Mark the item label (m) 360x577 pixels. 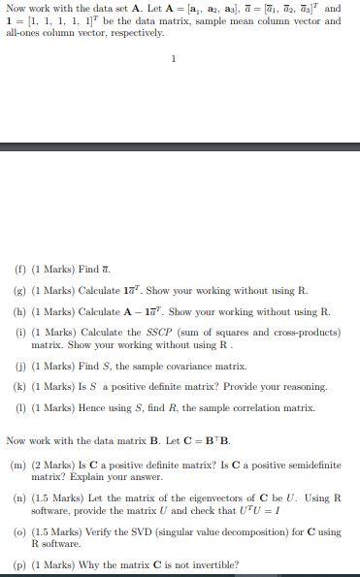[x=18, y=465]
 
